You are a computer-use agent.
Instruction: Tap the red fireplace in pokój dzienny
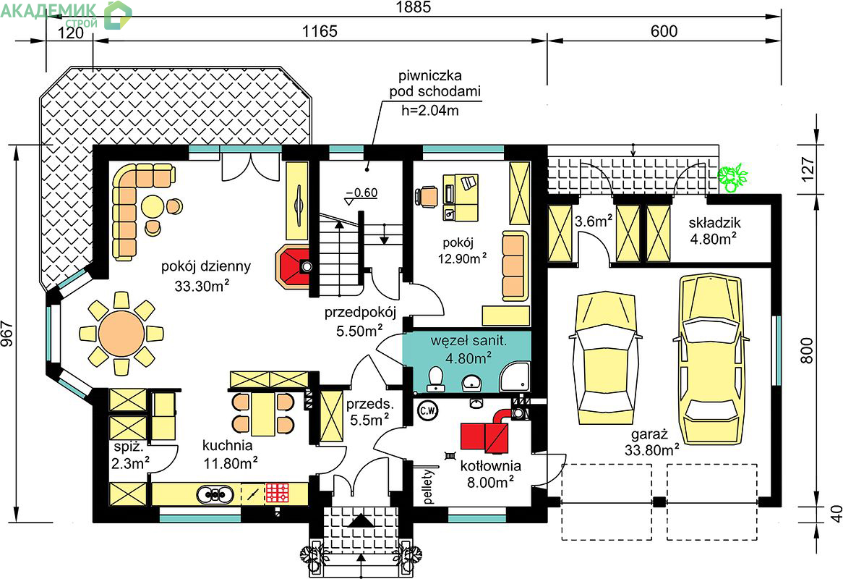click(293, 267)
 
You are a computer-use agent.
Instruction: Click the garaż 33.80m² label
click(651, 441)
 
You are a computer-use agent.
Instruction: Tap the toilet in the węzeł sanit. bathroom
click(435, 379)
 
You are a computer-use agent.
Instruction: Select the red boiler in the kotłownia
click(484, 435)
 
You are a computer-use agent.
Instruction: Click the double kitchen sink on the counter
click(215, 494)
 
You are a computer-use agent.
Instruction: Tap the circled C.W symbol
click(428, 410)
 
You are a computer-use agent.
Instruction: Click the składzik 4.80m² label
click(714, 230)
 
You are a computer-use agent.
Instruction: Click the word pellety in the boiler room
click(428, 486)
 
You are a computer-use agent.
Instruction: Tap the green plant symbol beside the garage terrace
click(733, 177)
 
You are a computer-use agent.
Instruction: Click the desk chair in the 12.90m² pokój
click(427, 196)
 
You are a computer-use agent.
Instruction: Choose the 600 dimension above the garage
click(664, 31)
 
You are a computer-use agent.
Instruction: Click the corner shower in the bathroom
click(515, 376)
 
